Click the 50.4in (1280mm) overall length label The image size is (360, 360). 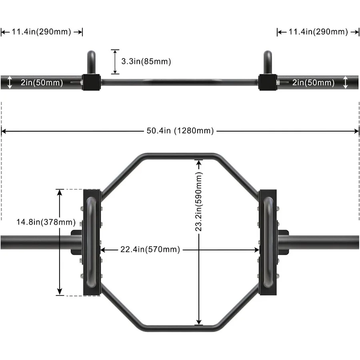(x=180, y=131)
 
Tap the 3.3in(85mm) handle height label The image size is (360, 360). (x=146, y=62)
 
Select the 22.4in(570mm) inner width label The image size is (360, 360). (x=150, y=250)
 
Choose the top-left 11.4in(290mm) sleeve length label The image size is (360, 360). (x=41, y=32)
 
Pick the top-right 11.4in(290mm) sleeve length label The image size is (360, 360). (x=318, y=32)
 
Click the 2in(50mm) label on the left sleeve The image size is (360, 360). (x=42, y=83)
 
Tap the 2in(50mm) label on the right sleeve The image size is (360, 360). (x=313, y=83)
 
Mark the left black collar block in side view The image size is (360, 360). (x=91, y=82)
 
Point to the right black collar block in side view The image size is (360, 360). (x=267, y=82)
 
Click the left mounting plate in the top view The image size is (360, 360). (x=91, y=242)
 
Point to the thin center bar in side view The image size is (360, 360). (x=180, y=82)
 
